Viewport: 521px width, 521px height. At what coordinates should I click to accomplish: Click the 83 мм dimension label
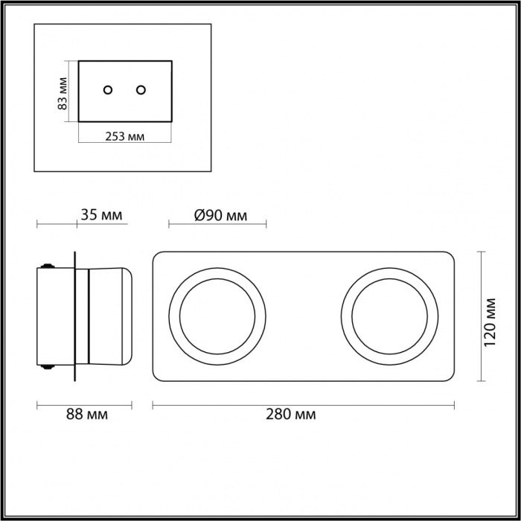pos(63,93)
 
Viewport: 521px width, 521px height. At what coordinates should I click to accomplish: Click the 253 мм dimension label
pos(124,136)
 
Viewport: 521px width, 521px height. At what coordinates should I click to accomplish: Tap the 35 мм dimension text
pos(101,214)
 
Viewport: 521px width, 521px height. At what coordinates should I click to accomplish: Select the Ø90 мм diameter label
pos(220,215)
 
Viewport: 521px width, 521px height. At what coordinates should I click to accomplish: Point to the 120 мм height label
pos(489,322)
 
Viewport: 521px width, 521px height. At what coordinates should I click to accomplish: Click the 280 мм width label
pos(291,415)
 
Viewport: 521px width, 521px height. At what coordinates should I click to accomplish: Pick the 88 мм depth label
pos(87,415)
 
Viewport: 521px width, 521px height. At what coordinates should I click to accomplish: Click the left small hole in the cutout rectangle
pos(108,90)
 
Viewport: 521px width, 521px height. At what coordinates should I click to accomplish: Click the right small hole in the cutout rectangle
pos(141,90)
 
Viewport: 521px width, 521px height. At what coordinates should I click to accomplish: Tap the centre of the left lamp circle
pos(217,316)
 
